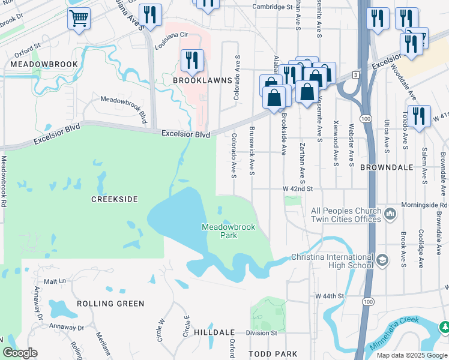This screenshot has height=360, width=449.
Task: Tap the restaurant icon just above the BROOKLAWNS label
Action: click(192, 60)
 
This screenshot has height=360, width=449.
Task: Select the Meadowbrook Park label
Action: click(228, 231)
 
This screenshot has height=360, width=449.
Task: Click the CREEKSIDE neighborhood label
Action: click(115, 199)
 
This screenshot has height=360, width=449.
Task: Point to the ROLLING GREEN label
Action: click(111, 304)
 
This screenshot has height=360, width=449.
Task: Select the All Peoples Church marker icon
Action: click(391, 214)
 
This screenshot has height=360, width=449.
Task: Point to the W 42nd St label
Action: click(298, 188)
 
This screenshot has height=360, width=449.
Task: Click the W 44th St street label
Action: click(330, 296)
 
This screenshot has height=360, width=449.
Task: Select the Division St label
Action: click(262, 332)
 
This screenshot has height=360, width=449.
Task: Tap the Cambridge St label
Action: click(272, 7)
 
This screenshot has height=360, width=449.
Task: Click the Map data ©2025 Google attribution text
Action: click(411, 355)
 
